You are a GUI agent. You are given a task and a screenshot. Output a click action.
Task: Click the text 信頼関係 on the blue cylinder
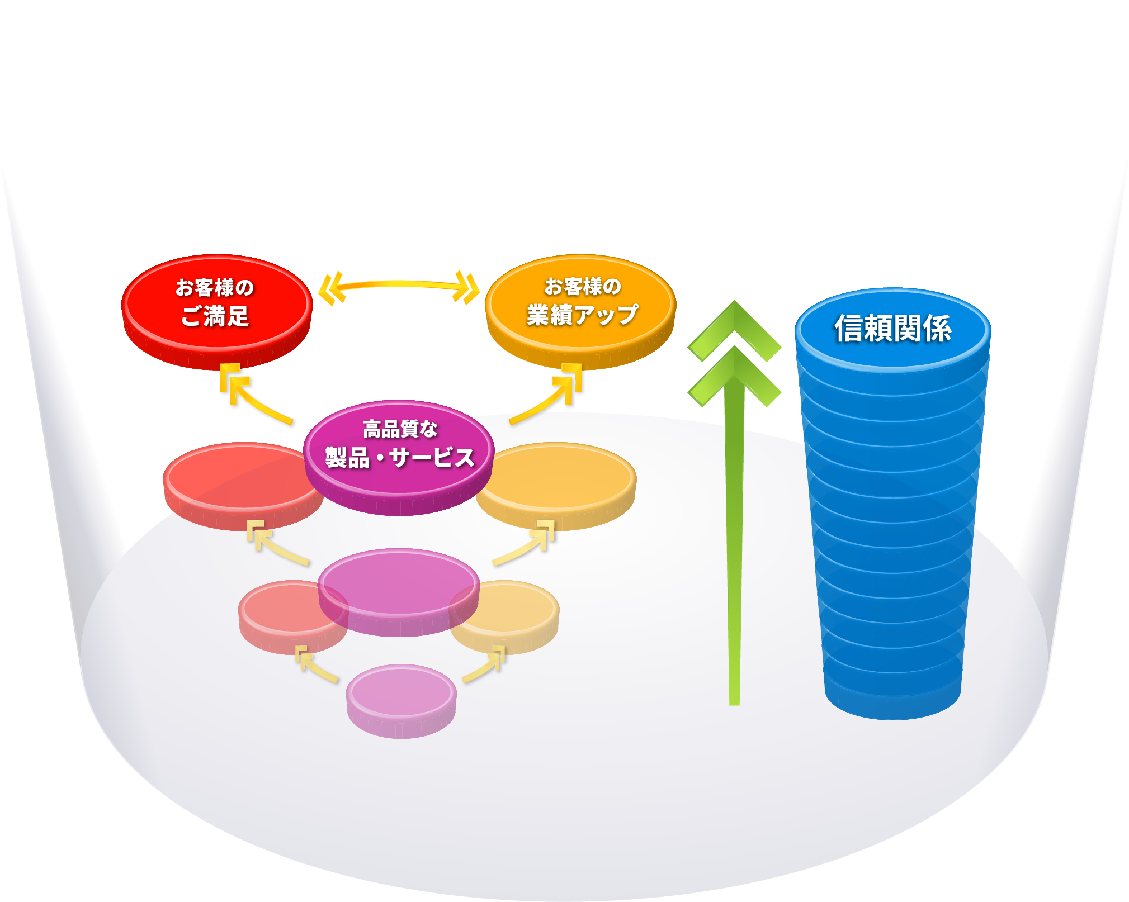(x=892, y=328)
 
